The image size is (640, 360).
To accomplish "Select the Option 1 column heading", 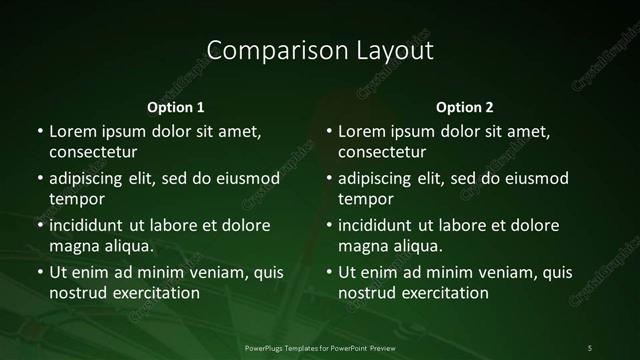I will tap(176, 107).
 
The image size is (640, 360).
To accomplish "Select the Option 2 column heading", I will tap(465, 107).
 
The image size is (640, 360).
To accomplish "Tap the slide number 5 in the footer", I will tap(590, 348).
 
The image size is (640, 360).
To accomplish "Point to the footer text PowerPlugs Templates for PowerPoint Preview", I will tap(319, 348).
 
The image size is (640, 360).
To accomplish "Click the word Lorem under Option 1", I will tap(72, 131).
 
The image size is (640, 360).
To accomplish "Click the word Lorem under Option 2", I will tap(361, 131).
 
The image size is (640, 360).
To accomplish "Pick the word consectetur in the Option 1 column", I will tap(93, 152).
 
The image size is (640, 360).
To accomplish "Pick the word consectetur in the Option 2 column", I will tap(382, 152).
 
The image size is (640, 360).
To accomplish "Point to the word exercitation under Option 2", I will tap(443, 293).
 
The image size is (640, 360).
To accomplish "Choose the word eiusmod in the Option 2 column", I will tap(538, 179).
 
